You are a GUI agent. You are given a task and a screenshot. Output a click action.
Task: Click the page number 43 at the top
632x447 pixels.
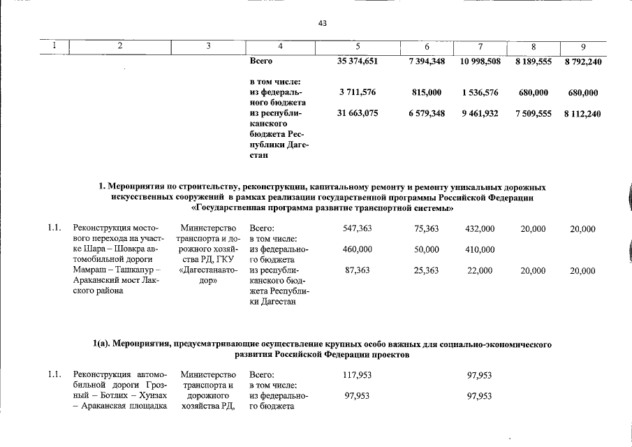click(322, 24)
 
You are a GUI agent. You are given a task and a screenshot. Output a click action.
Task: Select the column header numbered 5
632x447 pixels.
click(357, 47)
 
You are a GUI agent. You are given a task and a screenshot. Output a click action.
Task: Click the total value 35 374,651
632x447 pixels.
click(357, 61)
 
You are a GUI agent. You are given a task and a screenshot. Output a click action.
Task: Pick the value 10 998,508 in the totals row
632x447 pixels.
click(480, 61)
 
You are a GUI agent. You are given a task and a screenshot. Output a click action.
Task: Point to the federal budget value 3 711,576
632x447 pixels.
click(357, 92)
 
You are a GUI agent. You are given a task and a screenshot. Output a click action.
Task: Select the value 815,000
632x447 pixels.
click(427, 92)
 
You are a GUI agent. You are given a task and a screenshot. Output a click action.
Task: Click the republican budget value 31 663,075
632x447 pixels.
click(357, 112)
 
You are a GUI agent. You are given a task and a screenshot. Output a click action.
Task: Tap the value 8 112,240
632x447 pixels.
click(582, 112)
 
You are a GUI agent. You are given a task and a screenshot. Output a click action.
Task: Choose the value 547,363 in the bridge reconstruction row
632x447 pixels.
click(357, 228)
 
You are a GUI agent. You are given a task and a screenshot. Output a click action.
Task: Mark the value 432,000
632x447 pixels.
click(480, 228)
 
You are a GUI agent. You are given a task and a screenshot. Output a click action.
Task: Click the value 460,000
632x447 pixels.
click(357, 249)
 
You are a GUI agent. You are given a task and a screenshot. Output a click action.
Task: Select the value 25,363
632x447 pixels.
click(427, 270)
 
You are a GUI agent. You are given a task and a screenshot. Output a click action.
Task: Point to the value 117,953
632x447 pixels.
click(357, 375)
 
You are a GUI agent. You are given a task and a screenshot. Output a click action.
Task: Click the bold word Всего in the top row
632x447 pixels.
click(260, 61)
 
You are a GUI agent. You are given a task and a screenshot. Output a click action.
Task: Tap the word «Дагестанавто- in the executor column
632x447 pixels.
click(210, 270)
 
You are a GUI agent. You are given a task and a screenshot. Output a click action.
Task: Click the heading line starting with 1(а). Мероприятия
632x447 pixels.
click(322, 344)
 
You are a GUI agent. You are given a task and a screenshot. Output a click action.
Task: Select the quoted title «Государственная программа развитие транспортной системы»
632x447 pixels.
click(322, 208)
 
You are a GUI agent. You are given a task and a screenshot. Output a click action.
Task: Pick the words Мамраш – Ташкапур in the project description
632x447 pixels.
click(114, 270)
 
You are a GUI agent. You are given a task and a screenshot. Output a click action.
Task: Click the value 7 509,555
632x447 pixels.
click(534, 112)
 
